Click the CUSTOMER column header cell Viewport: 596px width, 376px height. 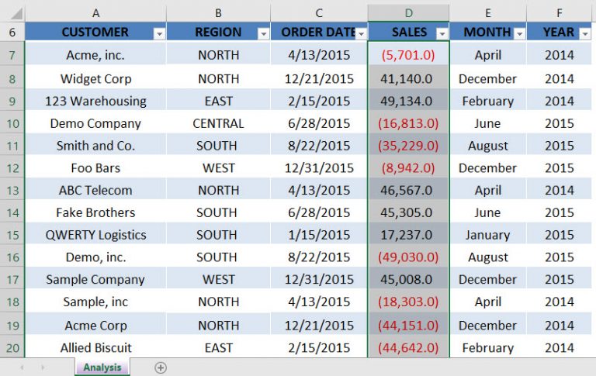tap(95, 33)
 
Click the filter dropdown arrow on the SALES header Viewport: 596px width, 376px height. tap(442, 33)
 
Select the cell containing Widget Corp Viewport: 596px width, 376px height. tap(95, 78)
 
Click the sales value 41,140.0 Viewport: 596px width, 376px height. tap(408, 78)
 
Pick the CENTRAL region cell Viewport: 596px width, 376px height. tap(218, 123)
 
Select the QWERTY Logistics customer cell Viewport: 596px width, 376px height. tap(95, 235)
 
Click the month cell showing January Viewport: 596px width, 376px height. tap(487, 235)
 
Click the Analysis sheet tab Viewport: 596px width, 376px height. tap(102, 367)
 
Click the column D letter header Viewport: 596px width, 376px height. tap(408, 13)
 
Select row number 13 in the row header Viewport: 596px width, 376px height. tap(12, 191)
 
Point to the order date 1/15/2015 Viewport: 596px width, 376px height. tap(318, 235)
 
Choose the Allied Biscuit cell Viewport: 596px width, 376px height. tap(95, 348)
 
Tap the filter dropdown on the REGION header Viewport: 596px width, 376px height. tap(263, 33)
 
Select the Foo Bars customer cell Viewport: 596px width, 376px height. tap(95, 168)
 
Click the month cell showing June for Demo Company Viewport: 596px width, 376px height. tap(487, 123)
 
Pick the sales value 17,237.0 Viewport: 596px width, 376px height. tap(408, 235)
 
